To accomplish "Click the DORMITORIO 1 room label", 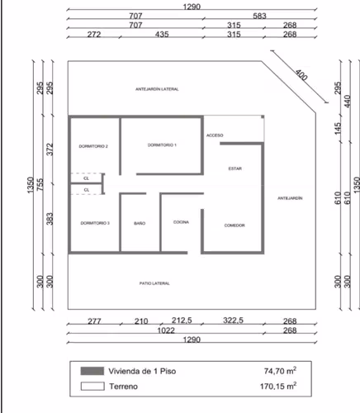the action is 162,145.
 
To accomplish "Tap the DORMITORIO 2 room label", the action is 93,146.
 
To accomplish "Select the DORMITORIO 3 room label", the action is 95,223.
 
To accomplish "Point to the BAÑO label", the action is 140,223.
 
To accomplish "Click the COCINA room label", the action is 181,222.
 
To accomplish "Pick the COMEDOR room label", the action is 234,225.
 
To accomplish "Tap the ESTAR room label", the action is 235,169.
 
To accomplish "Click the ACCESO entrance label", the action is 215,135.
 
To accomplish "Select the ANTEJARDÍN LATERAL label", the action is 157,89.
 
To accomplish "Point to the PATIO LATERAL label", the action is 154,283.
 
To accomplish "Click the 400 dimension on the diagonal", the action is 301,75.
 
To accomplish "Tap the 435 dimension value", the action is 162,35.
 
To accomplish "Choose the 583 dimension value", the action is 259,16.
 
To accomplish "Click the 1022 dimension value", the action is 166,330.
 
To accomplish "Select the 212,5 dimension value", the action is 182,320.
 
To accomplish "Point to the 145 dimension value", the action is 338,129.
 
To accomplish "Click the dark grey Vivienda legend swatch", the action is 92,371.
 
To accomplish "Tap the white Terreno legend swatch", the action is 92,386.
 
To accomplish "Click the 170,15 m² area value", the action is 278,386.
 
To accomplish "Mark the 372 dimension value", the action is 50,150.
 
